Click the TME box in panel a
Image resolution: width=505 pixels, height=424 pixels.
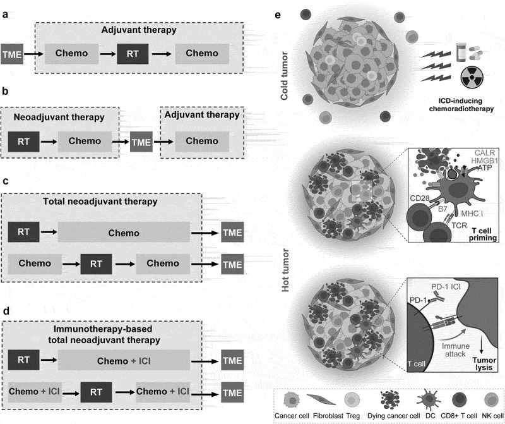pyautogui.click(x=12, y=54)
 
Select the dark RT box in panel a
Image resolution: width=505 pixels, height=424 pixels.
pyautogui.click(x=133, y=54)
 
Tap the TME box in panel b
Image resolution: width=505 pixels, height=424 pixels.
pyautogui.click(x=141, y=142)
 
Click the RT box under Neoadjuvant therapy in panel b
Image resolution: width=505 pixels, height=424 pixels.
pyautogui.click(x=23, y=142)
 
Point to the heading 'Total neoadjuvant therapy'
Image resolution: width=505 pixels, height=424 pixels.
pyautogui.click(x=100, y=202)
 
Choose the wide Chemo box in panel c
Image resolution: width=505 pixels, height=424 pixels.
pyautogui.click(x=124, y=232)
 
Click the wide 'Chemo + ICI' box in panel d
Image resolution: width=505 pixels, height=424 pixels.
pyautogui.click(x=124, y=360)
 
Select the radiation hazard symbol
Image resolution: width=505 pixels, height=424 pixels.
pyautogui.click(x=472, y=77)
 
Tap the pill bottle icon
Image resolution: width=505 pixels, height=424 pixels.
pyautogui.click(x=461, y=52)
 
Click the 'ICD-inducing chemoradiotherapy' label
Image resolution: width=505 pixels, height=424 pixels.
pyautogui.click(x=461, y=105)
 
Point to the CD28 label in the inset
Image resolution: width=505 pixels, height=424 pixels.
pyautogui.click(x=420, y=198)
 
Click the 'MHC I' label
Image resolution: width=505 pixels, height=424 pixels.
pyautogui.click(x=472, y=214)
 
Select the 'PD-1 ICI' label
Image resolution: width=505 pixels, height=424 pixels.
pyautogui.click(x=446, y=287)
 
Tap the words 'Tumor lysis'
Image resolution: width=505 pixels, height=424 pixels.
pyautogui.click(x=484, y=364)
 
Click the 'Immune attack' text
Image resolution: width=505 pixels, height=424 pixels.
pyautogui.click(x=455, y=350)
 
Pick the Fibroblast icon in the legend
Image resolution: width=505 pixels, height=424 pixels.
pyautogui.click(x=321, y=400)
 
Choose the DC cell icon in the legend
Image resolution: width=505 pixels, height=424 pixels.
pyautogui.click(x=429, y=400)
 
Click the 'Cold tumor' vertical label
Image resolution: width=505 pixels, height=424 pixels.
pyautogui.click(x=284, y=76)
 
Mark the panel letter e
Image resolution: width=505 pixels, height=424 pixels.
pyautogui.click(x=278, y=15)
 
